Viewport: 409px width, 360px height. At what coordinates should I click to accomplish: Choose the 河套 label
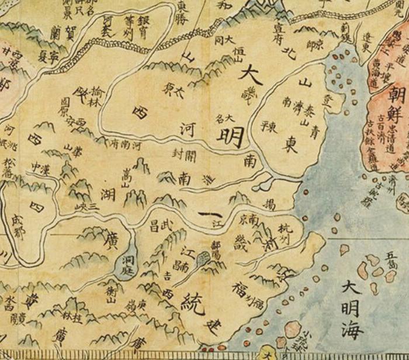107,26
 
